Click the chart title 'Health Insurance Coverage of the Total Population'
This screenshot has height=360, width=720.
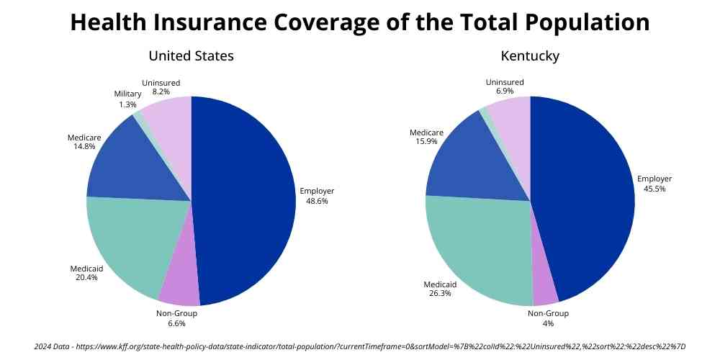pyautogui.click(x=360, y=22)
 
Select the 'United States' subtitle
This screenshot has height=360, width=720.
pyautogui.click(x=191, y=55)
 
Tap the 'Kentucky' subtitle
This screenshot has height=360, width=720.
pyautogui.click(x=530, y=55)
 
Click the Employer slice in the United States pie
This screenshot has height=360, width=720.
pyautogui.click(x=245, y=202)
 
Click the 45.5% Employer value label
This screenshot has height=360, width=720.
pyautogui.click(x=654, y=189)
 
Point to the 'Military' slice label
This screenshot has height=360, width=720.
pyautogui.click(x=127, y=94)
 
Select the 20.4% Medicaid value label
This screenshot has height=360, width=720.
pyautogui.click(x=86, y=278)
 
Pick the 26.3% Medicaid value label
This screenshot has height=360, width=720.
pyautogui.click(x=440, y=294)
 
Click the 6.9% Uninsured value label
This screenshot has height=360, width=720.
pyautogui.click(x=505, y=93)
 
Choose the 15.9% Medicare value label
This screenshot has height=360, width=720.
pyautogui.click(x=427, y=143)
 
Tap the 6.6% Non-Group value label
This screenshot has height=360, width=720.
pyautogui.click(x=176, y=324)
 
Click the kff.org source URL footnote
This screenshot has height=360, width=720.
pyautogui.click(x=360, y=346)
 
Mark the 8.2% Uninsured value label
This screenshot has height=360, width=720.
pyautogui.click(x=161, y=93)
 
